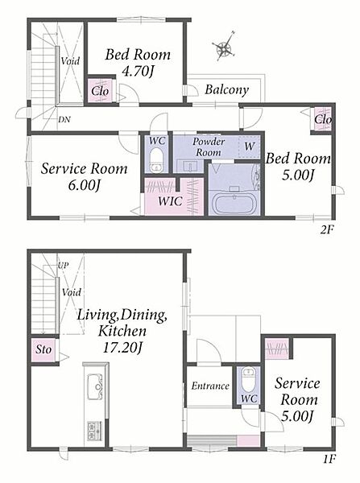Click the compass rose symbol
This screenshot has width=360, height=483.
coord(224,47)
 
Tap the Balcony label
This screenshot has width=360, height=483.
coord(227,89)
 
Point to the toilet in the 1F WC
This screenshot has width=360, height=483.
coord(248,379)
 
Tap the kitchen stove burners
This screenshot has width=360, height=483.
coord(95,431)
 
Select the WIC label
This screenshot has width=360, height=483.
coord(170,201)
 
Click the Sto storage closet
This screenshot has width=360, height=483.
coord(43,349)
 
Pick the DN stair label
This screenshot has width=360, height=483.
coord(64,120)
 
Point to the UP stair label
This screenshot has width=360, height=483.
coord(63,266)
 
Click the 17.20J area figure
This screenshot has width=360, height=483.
coord(122,349)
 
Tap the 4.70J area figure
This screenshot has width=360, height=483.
coord(138,72)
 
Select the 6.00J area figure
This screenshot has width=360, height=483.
coord(84,185)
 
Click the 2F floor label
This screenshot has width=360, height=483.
coord(327,229)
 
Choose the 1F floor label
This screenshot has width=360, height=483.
coord(329,460)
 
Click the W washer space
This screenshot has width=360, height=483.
coord(250,147)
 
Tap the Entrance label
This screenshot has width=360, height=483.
coord(210,386)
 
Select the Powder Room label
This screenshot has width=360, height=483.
coord(209,147)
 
